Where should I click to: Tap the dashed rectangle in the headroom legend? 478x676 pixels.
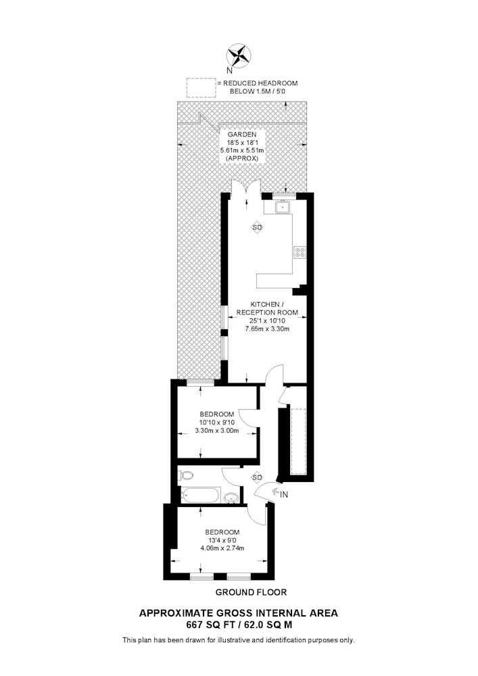pyautogui.click(x=200, y=87)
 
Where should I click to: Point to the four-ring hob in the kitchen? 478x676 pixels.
pyautogui.click(x=299, y=253)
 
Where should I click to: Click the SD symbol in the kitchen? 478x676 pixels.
pyautogui.click(x=257, y=228)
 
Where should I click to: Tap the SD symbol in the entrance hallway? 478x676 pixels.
pyautogui.click(x=257, y=477)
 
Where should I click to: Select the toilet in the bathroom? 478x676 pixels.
pyautogui.click(x=187, y=476)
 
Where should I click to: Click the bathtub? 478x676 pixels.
pyautogui.click(x=200, y=497)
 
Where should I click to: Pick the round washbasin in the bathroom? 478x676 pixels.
pyautogui.click(x=232, y=498)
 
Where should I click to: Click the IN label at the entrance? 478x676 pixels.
pyautogui.click(x=284, y=495)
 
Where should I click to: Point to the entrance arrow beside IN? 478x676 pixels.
pyautogui.click(x=274, y=493)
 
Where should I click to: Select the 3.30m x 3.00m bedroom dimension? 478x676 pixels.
pyautogui.click(x=217, y=431)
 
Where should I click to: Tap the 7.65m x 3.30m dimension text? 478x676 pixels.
pyautogui.click(x=267, y=329)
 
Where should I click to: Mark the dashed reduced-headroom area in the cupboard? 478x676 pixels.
pyautogui.click(x=298, y=439)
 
